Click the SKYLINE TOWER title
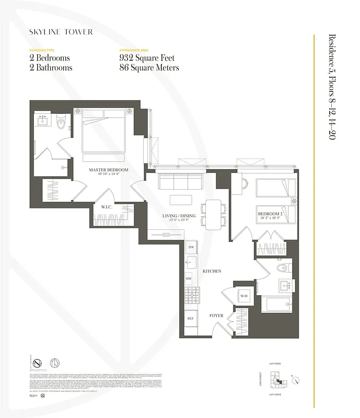point(61,32)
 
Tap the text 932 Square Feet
point(147,58)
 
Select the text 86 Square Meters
point(149,67)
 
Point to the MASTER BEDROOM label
point(108,170)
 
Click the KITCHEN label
point(212,271)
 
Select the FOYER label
point(216,316)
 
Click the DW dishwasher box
point(191,246)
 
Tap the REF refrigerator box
point(191,318)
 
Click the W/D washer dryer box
point(244,297)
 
